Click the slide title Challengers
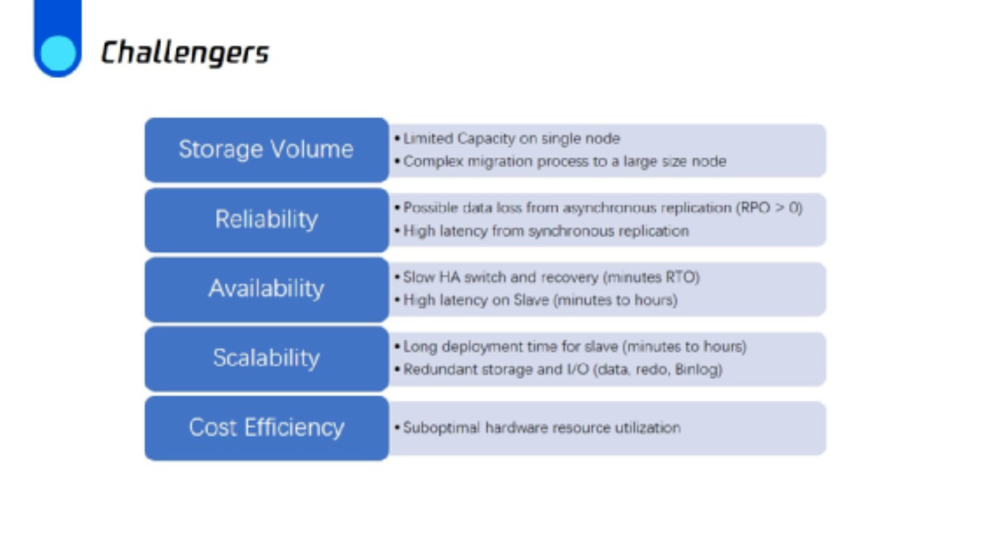(x=185, y=53)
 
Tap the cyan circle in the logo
(x=58, y=53)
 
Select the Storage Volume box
(x=267, y=150)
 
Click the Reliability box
(x=267, y=220)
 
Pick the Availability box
(x=267, y=289)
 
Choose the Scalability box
(x=267, y=359)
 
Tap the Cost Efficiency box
(x=267, y=428)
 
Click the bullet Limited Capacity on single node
(x=507, y=139)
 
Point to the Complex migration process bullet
(x=560, y=162)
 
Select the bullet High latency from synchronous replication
(x=542, y=231)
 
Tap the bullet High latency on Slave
(x=536, y=300)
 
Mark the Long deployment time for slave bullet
(x=570, y=347)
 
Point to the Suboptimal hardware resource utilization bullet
(x=537, y=428)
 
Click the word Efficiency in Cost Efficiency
(x=295, y=428)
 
